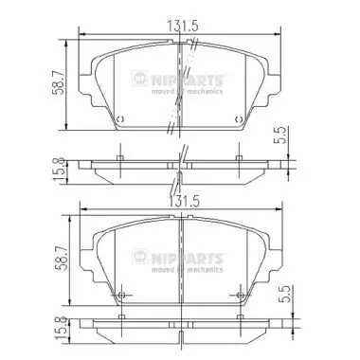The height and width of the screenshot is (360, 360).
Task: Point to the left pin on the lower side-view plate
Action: point(120,319)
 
